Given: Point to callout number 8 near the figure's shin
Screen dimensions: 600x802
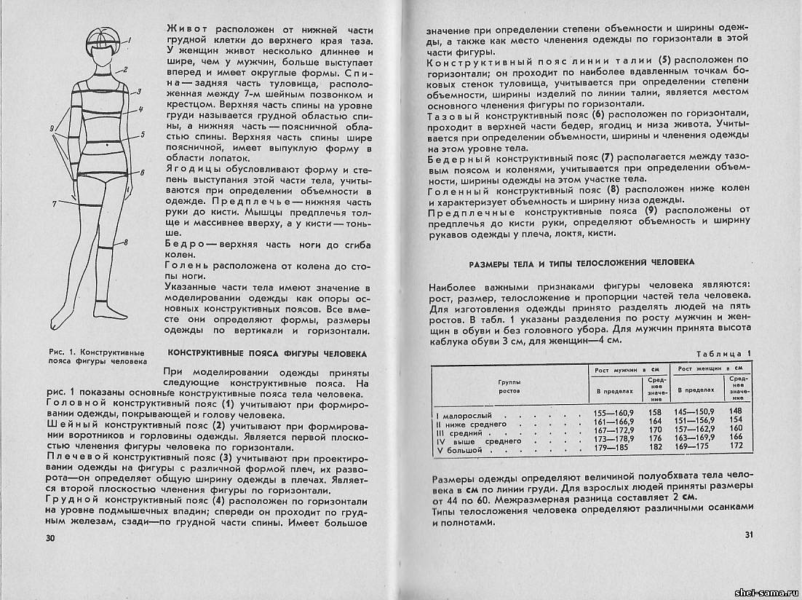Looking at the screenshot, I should pyautogui.click(x=125, y=242).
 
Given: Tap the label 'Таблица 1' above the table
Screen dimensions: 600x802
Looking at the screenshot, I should pyautogui.click(x=723, y=354).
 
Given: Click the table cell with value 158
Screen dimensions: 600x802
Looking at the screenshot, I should pyautogui.click(x=655, y=411).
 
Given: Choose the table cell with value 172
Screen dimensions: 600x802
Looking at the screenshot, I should pyautogui.click(x=737, y=446).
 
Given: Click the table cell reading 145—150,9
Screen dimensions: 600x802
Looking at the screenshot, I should pyautogui.click(x=694, y=411).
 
